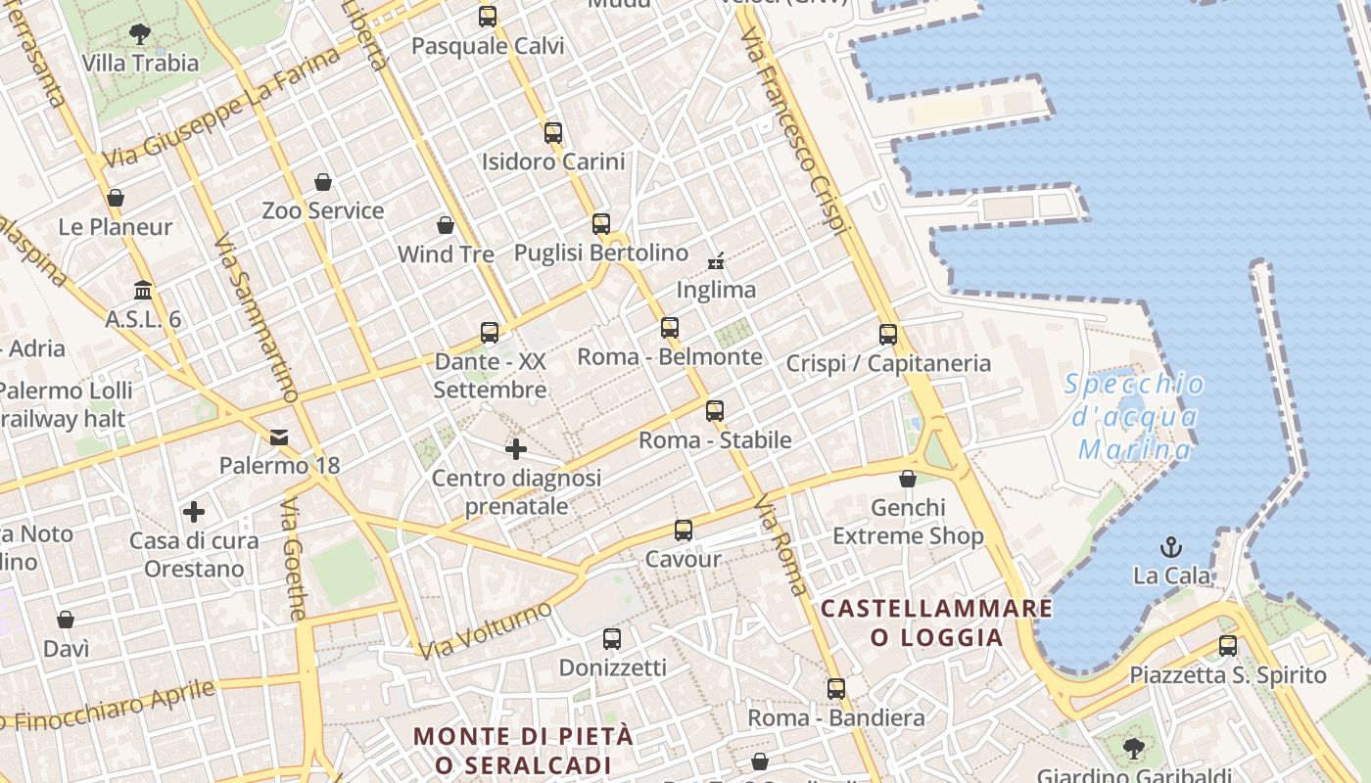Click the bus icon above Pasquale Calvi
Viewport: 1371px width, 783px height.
[488, 17]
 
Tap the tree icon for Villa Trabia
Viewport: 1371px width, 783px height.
[140, 33]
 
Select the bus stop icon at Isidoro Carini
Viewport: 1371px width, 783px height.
[553, 133]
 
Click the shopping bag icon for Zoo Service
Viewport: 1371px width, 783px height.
[323, 182]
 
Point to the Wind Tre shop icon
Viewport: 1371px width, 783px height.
[446, 226]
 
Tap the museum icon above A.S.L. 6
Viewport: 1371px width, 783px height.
[143, 291]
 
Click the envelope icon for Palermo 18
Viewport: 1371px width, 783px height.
[280, 437]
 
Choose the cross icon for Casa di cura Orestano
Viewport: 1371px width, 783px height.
[194, 512]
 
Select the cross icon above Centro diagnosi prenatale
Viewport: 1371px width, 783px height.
[516, 450]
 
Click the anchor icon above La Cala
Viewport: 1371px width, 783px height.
[1171, 547]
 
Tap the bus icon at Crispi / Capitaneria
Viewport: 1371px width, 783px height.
[888, 335]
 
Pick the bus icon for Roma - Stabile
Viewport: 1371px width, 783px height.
[715, 411]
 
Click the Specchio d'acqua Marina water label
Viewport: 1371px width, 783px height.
[1135, 417]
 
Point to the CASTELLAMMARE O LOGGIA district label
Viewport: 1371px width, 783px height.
[937, 623]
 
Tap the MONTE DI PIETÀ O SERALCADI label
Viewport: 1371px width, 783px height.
[524, 750]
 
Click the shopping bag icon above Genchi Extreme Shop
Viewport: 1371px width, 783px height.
[908, 480]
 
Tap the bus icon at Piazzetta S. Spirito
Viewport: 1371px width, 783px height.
[1228, 646]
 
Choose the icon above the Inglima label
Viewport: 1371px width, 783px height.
[716, 260]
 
